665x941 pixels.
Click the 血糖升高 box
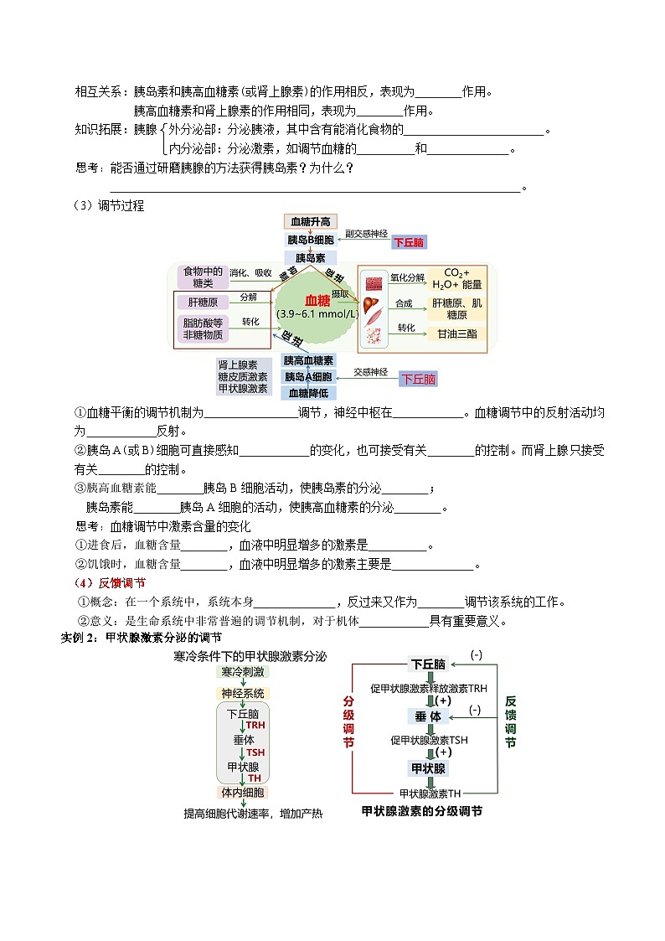[x=311, y=222]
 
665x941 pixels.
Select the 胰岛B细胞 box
[x=310, y=240]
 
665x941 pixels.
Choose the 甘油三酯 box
[x=456, y=333]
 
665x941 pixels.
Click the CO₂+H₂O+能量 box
[x=456, y=278]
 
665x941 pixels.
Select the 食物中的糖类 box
[x=203, y=277]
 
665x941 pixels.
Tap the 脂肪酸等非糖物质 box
[x=203, y=328]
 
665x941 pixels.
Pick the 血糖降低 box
[x=310, y=393]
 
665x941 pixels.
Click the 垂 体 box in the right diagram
[x=427, y=716]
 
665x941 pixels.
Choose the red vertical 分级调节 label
[x=348, y=721]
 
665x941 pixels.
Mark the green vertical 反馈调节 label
[x=510, y=721]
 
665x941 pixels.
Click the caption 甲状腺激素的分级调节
[x=421, y=811]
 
